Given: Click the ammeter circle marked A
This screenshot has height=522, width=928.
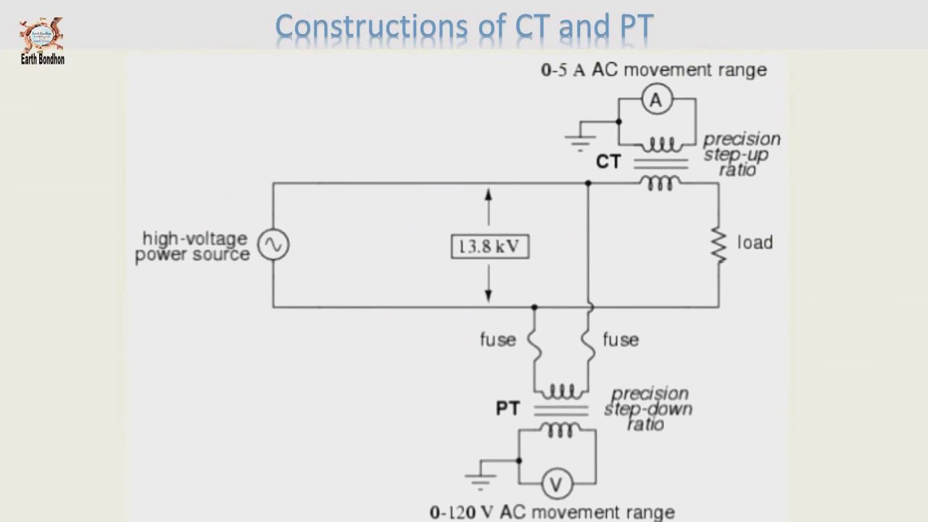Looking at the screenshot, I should click(656, 100).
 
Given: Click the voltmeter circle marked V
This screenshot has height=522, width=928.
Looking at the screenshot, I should click(557, 484).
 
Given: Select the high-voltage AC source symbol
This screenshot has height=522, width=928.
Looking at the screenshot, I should click(273, 245).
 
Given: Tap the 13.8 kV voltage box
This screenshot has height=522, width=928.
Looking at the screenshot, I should click(489, 246).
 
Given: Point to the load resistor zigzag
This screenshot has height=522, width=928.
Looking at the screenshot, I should click(718, 245).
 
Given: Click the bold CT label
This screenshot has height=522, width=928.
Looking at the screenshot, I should click(608, 162).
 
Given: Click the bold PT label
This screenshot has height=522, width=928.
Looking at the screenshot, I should click(507, 409).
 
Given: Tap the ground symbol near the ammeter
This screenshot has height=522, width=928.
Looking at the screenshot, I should click(581, 141).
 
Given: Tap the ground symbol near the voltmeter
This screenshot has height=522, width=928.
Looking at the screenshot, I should click(481, 480).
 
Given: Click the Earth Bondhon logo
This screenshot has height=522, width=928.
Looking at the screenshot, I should click(42, 40).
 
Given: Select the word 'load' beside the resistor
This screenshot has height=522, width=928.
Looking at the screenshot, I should click(755, 242).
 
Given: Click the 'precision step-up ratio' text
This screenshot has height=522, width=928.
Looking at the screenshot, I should click(740, 154).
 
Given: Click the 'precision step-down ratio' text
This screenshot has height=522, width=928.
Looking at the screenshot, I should click(648, 409).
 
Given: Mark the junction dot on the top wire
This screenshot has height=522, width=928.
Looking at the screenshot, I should click(588, 183).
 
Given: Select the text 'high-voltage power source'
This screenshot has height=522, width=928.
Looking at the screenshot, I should click(192, 246).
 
